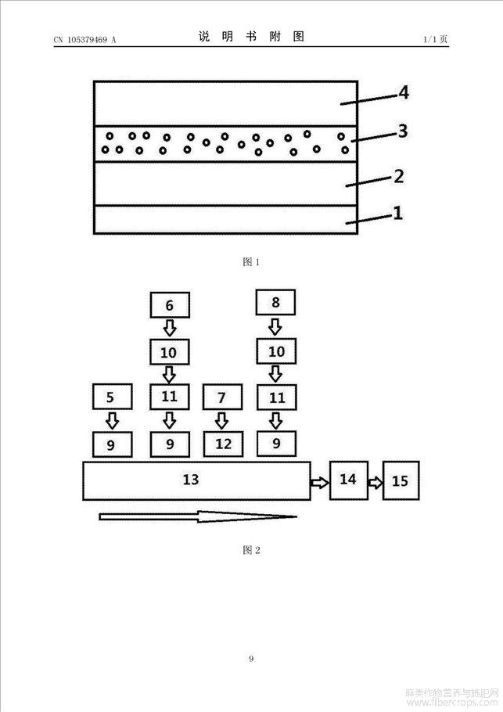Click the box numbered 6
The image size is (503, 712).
pyautogui.click(x=169, y=304)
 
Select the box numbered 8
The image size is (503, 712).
pyautogui.click(x=275, y=302)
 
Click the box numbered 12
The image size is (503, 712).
pyautogui.click(x=223, y=444)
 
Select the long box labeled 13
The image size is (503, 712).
pyautogui.click(x=196, y=480)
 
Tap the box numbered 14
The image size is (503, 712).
pyautogui.click(x=349, y=480)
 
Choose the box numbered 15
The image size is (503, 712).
pyautogui.click(x=400, y=480)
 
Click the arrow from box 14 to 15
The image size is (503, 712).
pyautogui.click(x=375, y=482)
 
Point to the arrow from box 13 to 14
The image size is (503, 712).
pyautogui.click(x=319, y=482)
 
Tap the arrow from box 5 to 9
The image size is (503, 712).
pyautogui.click(x=112, y=420)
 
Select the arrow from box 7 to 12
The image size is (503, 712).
pyautogui.click(x=222, y=421)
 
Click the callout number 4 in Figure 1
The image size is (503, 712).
pyautogui.click(x=403, y=92)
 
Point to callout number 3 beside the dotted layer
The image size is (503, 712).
pyautogui.click(x=402, y=131)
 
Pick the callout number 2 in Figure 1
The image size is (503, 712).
pyautogui.click(x=398, y=175)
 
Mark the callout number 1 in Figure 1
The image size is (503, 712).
pyautogui.click(x=397, y=212)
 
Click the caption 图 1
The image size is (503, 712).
pyautogui.click(x=251, y=262)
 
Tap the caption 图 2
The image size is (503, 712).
pyautogui.click(x=251, y=551)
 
